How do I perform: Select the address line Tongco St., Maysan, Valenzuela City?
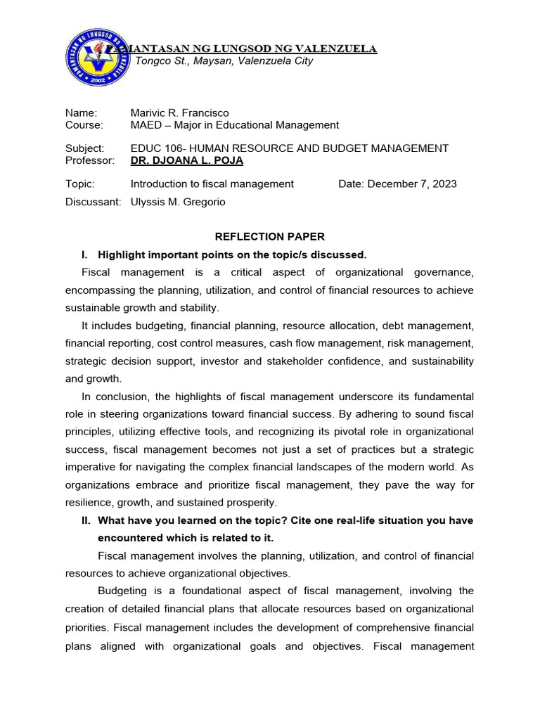pyautogui.click(x=224, y=61)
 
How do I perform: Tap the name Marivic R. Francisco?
pyautogui.click(x=180, y=112)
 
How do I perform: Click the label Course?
pyautogui.click(x=84, y=125)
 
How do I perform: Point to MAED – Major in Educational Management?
pyautogui.click(x=235, y=125)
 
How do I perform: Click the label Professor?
pyautogui.click(x=89, y=160)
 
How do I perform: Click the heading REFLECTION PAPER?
pyautogui.click(x=270, y=237)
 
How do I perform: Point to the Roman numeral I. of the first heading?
pyautogui.click(x=85, y=254)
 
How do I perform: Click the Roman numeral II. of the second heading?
pyautogui.click(x=86, y=520)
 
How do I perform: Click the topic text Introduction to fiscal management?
pyautogui.click(x=212, y=184)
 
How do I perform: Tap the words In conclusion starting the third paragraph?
pyautogui.click(x=115, y=397)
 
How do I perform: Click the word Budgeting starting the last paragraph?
pyautogui.click(x=122, y=591)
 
